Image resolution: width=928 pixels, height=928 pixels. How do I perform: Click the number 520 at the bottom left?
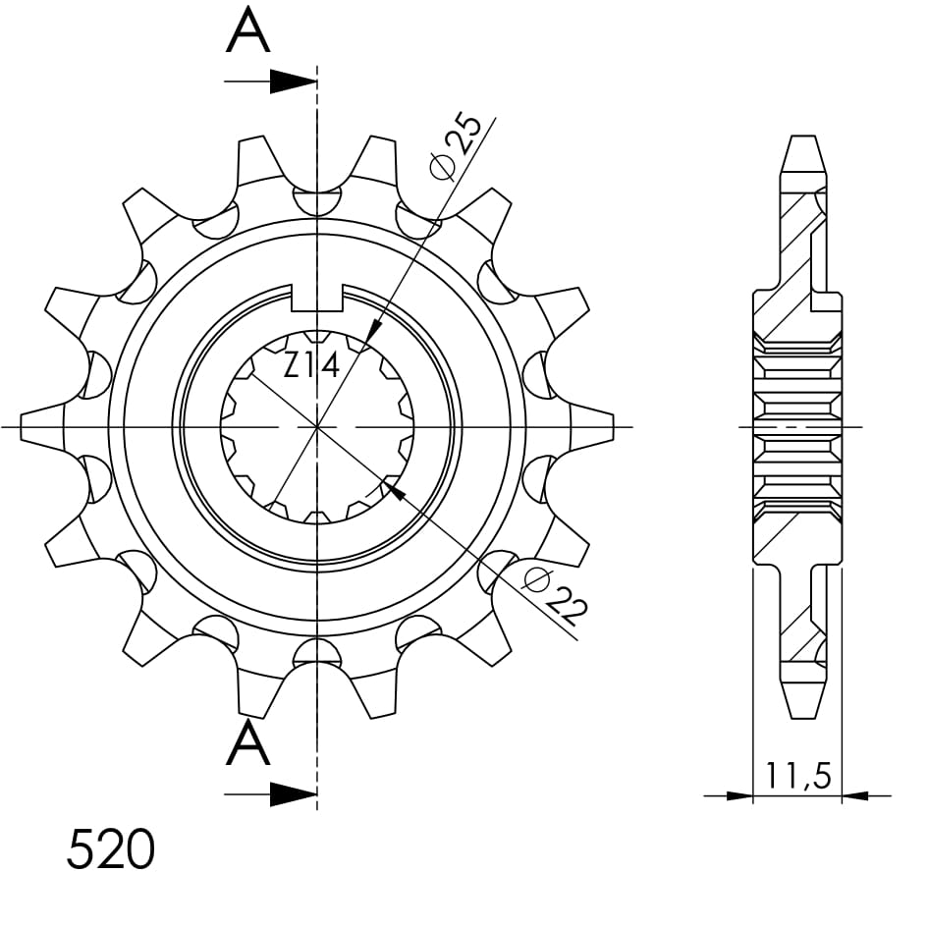tap(110, 849)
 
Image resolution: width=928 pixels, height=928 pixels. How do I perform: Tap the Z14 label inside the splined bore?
tap(311, 366)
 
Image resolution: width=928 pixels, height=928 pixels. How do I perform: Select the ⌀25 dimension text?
tap(458, 146)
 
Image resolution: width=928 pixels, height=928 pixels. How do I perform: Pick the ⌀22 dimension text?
tap(555, 595)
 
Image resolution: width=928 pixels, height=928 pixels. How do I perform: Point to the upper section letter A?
tap(247, 32)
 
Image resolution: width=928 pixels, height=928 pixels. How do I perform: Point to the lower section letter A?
tap(247, 745)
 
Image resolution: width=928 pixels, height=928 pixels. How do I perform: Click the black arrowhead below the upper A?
tap(293, 82)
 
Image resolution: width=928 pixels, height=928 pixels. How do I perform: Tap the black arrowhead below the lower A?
tap(293, 794)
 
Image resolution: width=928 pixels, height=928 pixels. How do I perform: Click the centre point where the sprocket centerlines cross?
tap(317, 427)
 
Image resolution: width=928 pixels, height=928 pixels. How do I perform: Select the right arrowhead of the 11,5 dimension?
tap(854, 794)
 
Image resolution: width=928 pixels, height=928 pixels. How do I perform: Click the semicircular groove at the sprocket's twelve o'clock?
tap(317, 200)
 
